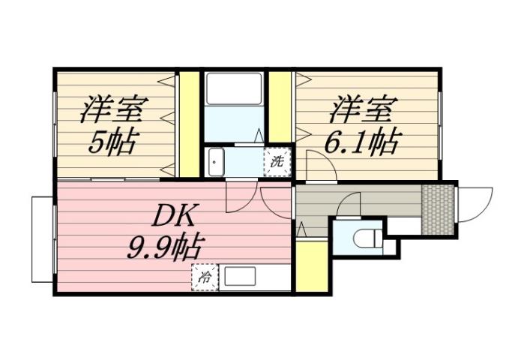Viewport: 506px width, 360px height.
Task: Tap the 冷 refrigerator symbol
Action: (x=204, y=277)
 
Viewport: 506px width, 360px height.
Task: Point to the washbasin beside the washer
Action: (x=217, y=160)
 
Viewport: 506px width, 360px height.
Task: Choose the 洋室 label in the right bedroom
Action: (x=361, y=109)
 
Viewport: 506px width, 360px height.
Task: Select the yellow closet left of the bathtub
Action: (x=190, y=124)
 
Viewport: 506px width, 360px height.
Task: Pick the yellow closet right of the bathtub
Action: (x=280, y=105)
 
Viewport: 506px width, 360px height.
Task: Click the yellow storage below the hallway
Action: (x=312, y=266)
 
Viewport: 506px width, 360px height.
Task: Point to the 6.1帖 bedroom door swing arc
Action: (x=321, y=163)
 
